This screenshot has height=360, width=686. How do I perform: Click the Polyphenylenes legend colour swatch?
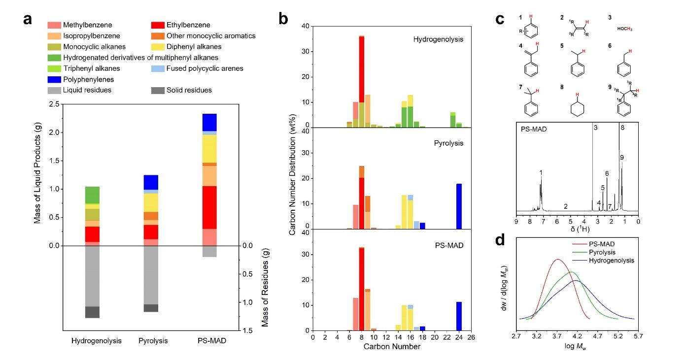[54, 79]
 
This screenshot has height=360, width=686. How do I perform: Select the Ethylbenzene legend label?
[188, 25]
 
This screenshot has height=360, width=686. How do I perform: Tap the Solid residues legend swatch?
[158, 90]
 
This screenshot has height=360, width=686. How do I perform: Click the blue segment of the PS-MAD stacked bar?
[209, 122]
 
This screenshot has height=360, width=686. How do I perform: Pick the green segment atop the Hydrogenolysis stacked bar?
[92, 195]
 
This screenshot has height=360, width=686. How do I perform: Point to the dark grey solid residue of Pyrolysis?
[151, 308]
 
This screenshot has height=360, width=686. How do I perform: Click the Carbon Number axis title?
[392, 347]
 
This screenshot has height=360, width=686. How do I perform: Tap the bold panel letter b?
[284, 19]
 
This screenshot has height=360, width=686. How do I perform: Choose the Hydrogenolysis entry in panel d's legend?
[611, 261]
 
